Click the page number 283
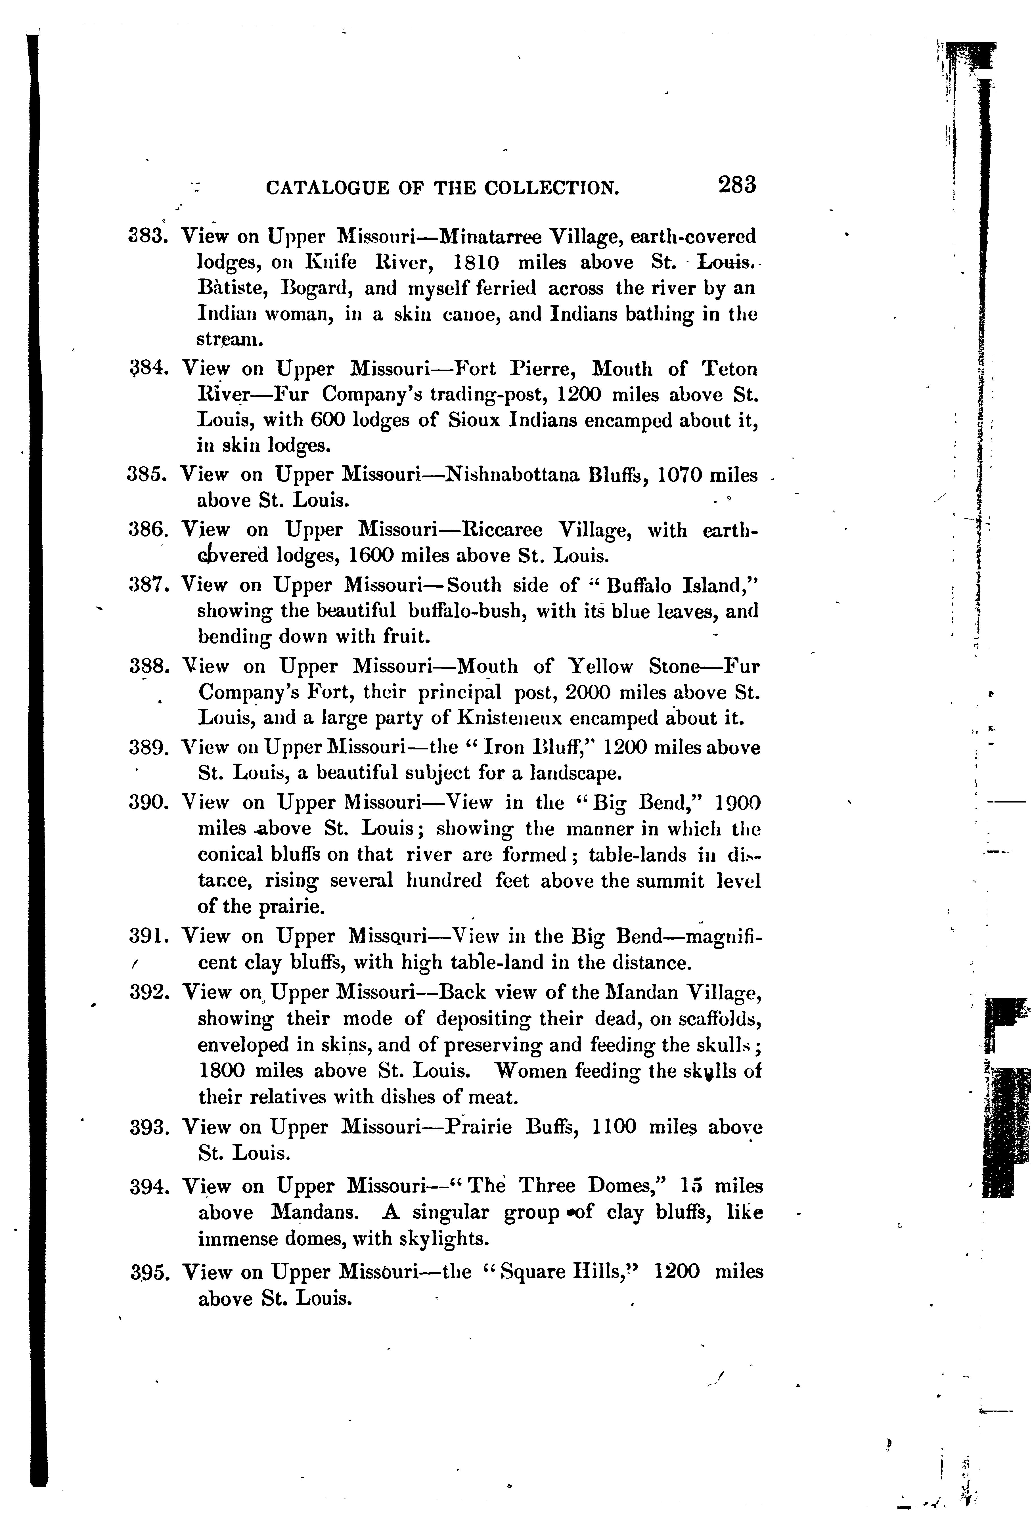[736, 185]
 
